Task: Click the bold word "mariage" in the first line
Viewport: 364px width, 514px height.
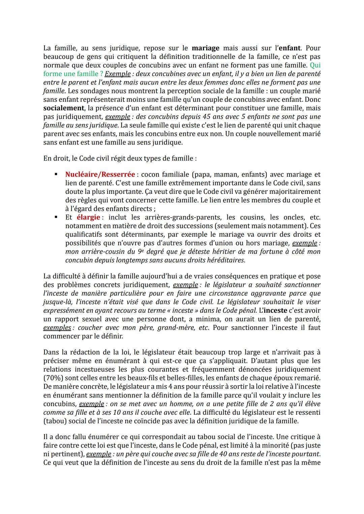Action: click(205, 48)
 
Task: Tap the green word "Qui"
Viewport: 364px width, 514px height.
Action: click(315, 65)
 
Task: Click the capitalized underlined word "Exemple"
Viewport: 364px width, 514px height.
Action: click(118, 74)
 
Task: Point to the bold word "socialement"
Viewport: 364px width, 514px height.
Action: click(64, 108)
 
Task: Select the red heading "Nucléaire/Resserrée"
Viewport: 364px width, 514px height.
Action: click(100, 174)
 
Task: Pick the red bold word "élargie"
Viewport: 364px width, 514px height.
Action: click(88, 217)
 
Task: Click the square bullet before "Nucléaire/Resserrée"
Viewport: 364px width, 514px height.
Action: click(56, 174)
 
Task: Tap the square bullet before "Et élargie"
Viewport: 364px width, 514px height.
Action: click(56, 217)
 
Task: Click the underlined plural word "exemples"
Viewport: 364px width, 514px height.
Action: click(57, 328)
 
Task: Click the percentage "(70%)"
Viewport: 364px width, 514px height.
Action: click(53, 378)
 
